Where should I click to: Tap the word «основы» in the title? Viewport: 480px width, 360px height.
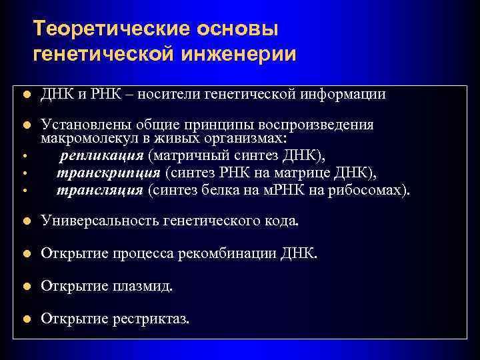(x=234, y=29)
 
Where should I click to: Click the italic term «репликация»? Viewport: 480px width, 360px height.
(x=101, y=156)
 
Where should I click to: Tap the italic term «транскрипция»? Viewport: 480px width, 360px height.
(x=108, y=173)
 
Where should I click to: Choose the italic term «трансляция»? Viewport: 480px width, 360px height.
(x=100, y=190)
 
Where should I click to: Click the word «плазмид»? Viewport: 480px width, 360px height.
(x=146, y=287)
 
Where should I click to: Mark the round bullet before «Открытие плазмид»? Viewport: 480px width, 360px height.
(x=26, y=287)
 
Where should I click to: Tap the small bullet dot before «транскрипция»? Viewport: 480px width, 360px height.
(x=23, y=175)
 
